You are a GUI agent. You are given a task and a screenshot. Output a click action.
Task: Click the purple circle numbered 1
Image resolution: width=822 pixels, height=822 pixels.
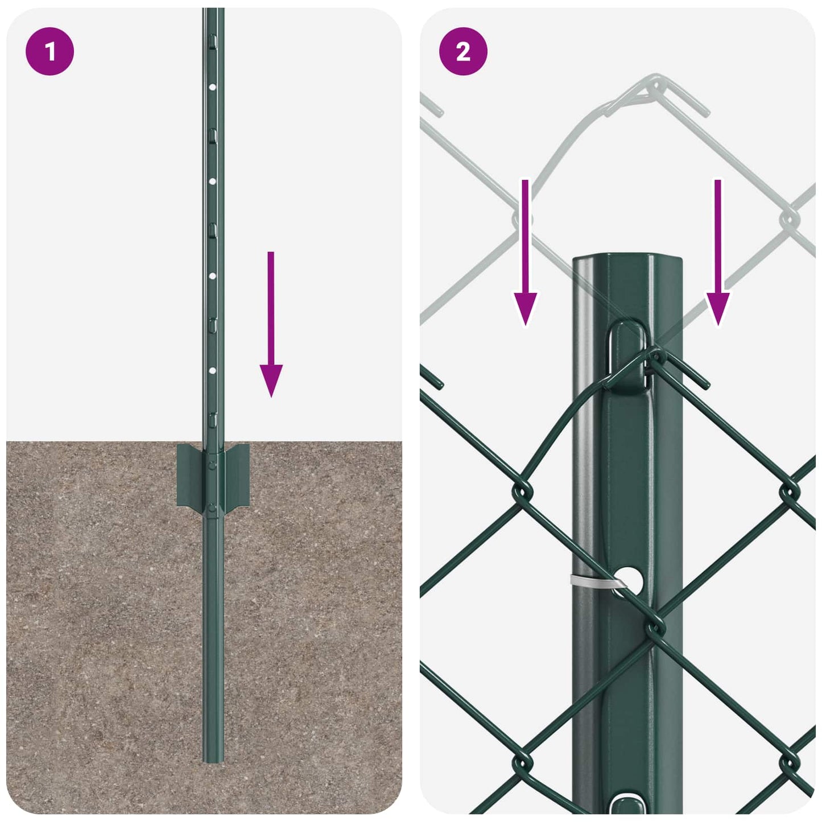point(49,51)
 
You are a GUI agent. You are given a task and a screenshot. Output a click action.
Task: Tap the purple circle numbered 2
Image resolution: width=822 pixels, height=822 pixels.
point(463,51)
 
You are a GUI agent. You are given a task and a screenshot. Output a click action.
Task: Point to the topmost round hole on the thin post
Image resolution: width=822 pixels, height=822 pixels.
point(212,87)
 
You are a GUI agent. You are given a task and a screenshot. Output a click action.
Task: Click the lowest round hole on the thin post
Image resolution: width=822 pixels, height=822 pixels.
point(212,370)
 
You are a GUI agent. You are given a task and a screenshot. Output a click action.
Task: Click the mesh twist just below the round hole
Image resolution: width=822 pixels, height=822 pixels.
point(655,627)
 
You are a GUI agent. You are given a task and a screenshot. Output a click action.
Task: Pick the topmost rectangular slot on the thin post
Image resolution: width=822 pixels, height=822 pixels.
point(212,41)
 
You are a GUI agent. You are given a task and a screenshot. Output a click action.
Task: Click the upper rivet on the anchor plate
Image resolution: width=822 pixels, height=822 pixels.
point(212,465)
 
